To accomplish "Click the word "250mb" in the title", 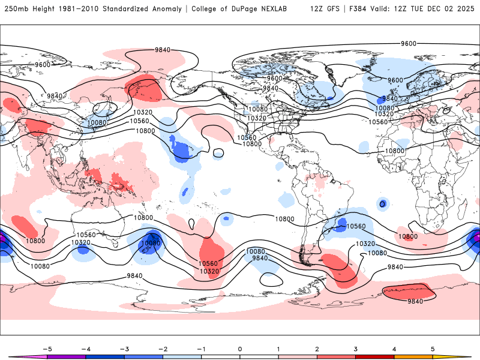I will point(16,9).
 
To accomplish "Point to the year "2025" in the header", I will point(466,9).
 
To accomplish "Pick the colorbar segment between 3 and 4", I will point(374,357).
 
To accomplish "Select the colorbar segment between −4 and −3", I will point(105,357).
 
